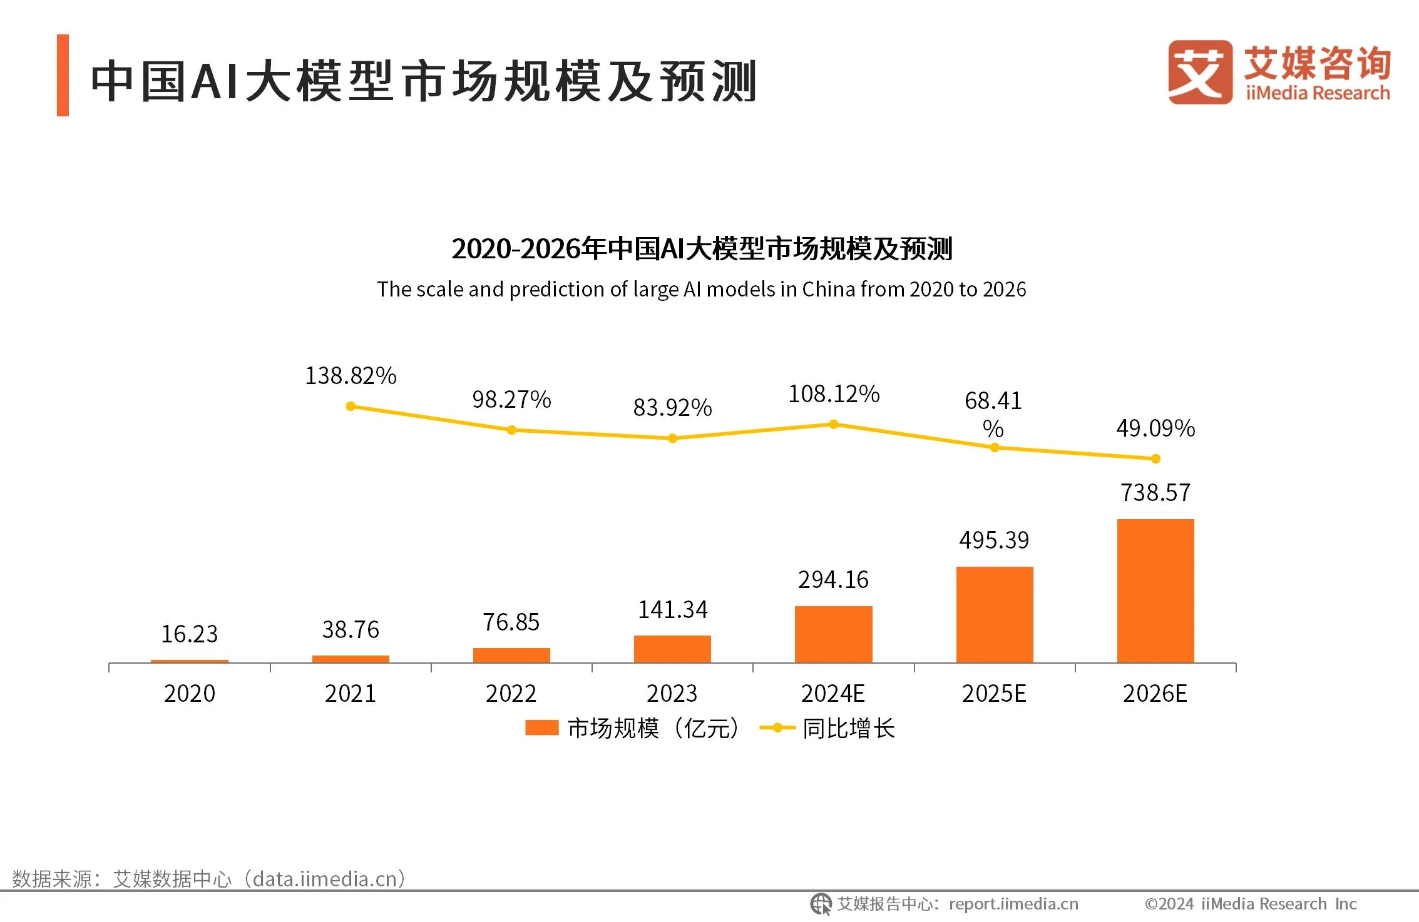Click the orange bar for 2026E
pyautogui.click(x=1155, y=590)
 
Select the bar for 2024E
pyautogui.click(x=833, y=634)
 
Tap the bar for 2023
pyautogui.click(x=672, y=649)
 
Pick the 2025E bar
pyautogui.click(x=995, y=614)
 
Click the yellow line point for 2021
pyautogui.click(x=351, y=407)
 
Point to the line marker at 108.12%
pyautogui.click(x=834, y=424)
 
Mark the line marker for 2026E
pyautogui.click(x=1155, y=458)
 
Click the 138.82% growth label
pyautogui.click(x=351, y=376)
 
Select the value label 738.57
pyautogui.click(x=1155, y=493)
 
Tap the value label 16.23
pyautogui.click(x=190, y=634)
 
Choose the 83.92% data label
pyautogui.click(x=672, y=408)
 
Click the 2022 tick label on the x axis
pyautogui.click(x=511, y=694)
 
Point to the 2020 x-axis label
pyautogui.click(x=190, y=694)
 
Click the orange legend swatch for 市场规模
pyautogui.click(x=541, y=728)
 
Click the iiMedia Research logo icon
pyautogui.click(x=1200, y=72)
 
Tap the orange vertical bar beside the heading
pyautogui.click(x=63, y=75)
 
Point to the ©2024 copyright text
pyautogui.click(x=1250, y=904)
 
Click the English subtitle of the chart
pyautogui.click(x=701, y=289)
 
